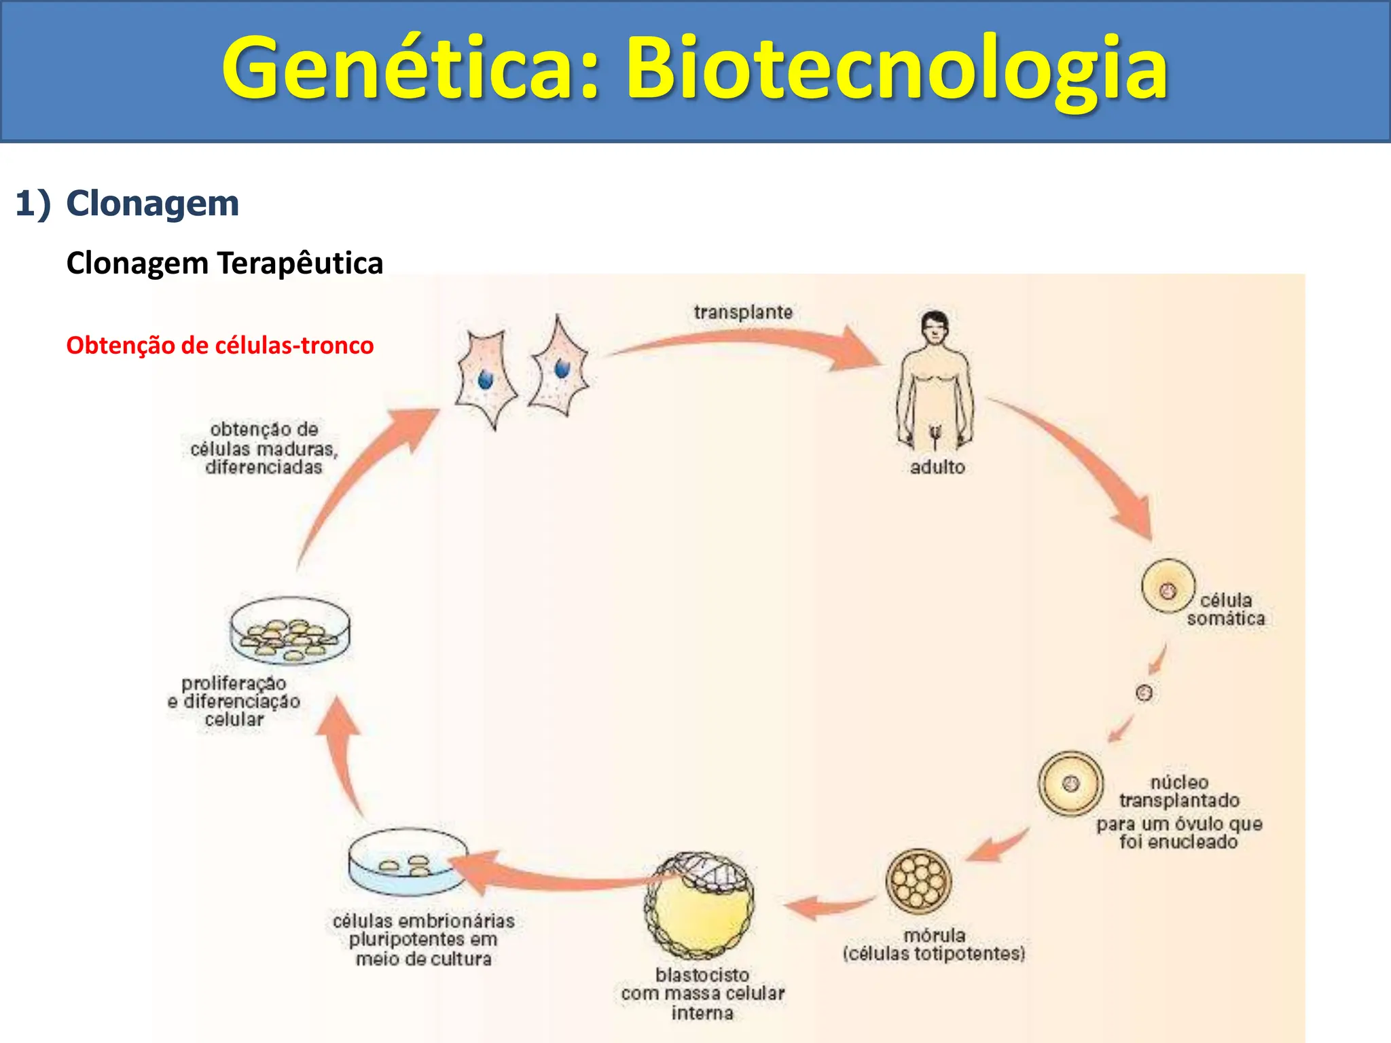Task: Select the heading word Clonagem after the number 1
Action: [x=153, y=203]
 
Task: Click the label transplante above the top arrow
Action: [x=743, y=312]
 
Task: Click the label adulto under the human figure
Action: [x=937, y=467]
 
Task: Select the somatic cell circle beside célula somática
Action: [x=1168, y=587]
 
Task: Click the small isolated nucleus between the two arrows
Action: [x=1144, y=693]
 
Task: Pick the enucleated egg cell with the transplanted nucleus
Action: [x=1070, y=783]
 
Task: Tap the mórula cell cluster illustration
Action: [x=918, y=881]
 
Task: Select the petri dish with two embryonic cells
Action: [x=408, y=862]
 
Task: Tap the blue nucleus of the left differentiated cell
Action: [x=485, y=379]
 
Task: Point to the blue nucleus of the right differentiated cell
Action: [x=562, y=368]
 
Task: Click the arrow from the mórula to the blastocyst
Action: [x=829, y=905]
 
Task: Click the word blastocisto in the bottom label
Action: [x=702, y=974]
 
